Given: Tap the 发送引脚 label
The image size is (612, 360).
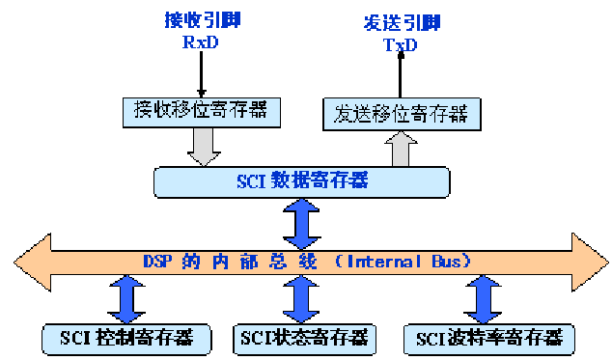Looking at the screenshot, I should tap(400, 21).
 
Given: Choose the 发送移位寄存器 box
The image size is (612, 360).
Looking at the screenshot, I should tap(398, 115).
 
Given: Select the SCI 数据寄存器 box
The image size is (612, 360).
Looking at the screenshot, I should tap(302, 180).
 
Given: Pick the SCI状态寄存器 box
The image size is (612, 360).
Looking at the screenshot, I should tap(301, 337).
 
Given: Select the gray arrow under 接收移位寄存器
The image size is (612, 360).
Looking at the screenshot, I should tap(204, 146).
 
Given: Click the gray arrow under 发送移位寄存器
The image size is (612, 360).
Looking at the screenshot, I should tap(400, 149).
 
